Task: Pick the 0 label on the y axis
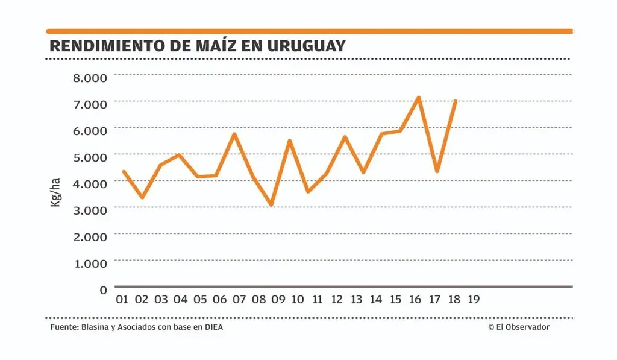point(103,289)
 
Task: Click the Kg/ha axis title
point(55,193)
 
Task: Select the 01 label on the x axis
point(122,300)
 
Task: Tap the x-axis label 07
point(239,300)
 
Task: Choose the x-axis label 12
point(337,300)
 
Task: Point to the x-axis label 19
point(474,300)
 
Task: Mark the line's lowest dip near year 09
point(272,205)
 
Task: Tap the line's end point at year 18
point(456,101)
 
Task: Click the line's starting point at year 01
point(124,172)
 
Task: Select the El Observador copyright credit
point(519,327)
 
